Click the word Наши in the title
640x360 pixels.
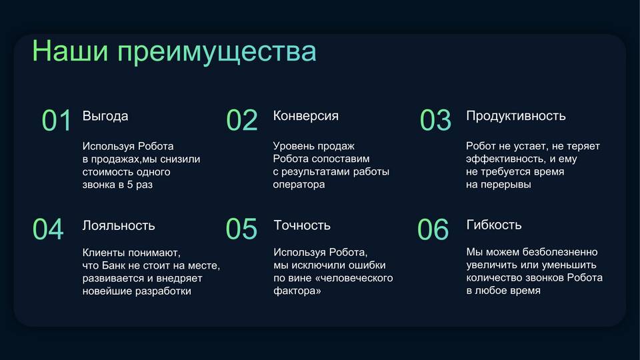coord(70,51)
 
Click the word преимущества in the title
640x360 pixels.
coord(217,53)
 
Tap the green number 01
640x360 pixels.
coord(57,121)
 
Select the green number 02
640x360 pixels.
coord(242,121)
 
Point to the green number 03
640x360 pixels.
coord(435,121)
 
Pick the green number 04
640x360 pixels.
coord(48,229)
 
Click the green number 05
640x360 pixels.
coord(241,229)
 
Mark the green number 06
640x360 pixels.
coord(433,229)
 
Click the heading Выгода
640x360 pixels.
coord(105,116)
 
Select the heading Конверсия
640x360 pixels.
coord(306,116)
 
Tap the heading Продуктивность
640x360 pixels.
coord(516,116)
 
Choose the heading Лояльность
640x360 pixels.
coord(119,225)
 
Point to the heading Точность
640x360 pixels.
coord(302,225)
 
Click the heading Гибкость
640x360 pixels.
coord(494,225)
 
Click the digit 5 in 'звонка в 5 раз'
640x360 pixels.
coord(130,185)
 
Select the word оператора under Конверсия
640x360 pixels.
coord(299,185)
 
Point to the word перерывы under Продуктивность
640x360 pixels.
coord(506,185)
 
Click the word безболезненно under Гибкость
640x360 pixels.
coord(560,252)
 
